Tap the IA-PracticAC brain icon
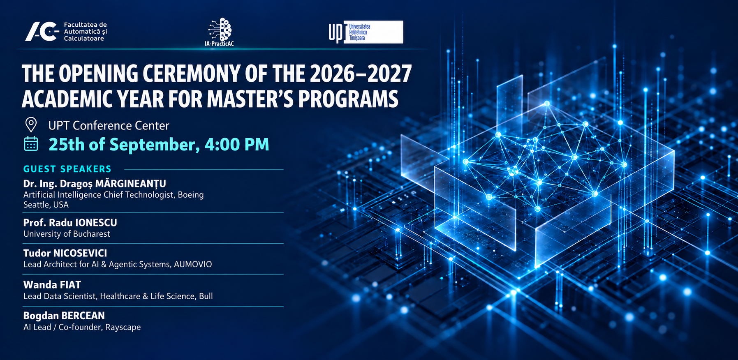click(x=220, y=29)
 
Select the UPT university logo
click(x=366, y=32)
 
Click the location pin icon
click(x=31, y=125)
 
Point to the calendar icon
click(x=31, y=144)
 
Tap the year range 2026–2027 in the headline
click(x=361, y=74)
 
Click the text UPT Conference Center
click(x=109, y=125)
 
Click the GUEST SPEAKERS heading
click(x=67, y=169)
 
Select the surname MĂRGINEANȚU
click(x=131, y=183)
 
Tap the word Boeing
click(x=191, y=195)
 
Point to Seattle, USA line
click(x=46, y=205)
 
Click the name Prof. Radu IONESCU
click(x=70, y=222)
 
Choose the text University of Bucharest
click(x=67, y=234)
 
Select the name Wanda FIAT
click(x=52, y=284)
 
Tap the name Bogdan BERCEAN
click(x=64, y=316)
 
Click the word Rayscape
click(x=123, y=327)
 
